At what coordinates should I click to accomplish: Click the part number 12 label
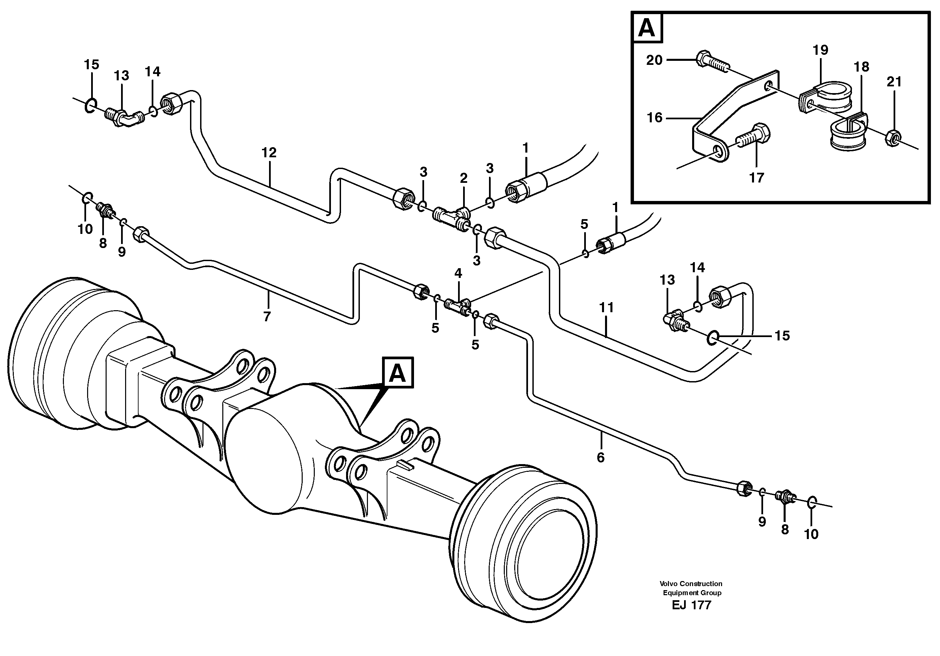pos(269,153)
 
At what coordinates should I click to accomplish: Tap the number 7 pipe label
pos(267,317)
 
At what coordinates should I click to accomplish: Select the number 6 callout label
pos(600,458)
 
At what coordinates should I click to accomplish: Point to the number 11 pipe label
pos(606,307)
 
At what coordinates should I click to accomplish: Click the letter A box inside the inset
pos(646,28)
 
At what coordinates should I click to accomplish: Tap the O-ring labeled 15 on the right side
pos(712,338)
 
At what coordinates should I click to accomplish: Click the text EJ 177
pos(691,605)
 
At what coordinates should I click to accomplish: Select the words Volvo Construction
pos(691,584)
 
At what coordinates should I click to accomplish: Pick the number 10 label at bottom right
pos(811,534)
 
